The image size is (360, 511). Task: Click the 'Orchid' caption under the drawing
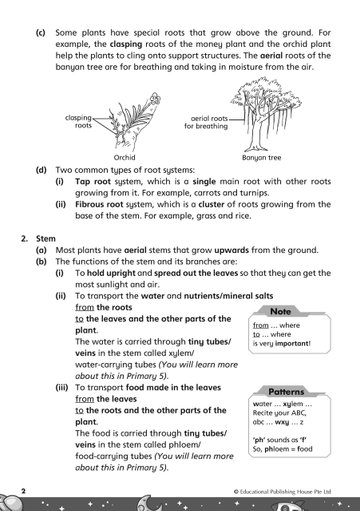(124, 157)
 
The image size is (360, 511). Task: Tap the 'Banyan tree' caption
(262, 158)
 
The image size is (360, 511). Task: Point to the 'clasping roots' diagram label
(79, 122)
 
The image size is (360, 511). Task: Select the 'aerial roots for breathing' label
(206, 122)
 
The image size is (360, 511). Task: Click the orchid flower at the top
(155, 99)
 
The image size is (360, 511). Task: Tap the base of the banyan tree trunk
(256, 149)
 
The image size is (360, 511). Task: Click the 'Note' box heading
(281, 312)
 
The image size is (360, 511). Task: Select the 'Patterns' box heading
(286, 392)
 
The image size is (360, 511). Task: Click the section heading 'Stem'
(46, 239)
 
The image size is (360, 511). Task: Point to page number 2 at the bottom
(23, 491)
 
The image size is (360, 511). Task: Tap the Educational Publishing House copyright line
(282, 492)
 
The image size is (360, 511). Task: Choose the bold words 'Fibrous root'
(99, 204)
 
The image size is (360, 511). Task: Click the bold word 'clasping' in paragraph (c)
(126, 44)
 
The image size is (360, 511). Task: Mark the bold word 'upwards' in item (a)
(232, 250)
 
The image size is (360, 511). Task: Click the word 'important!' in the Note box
(293, 343)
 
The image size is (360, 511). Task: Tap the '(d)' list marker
(41, 170)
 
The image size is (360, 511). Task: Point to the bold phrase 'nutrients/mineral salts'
(229, 296)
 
